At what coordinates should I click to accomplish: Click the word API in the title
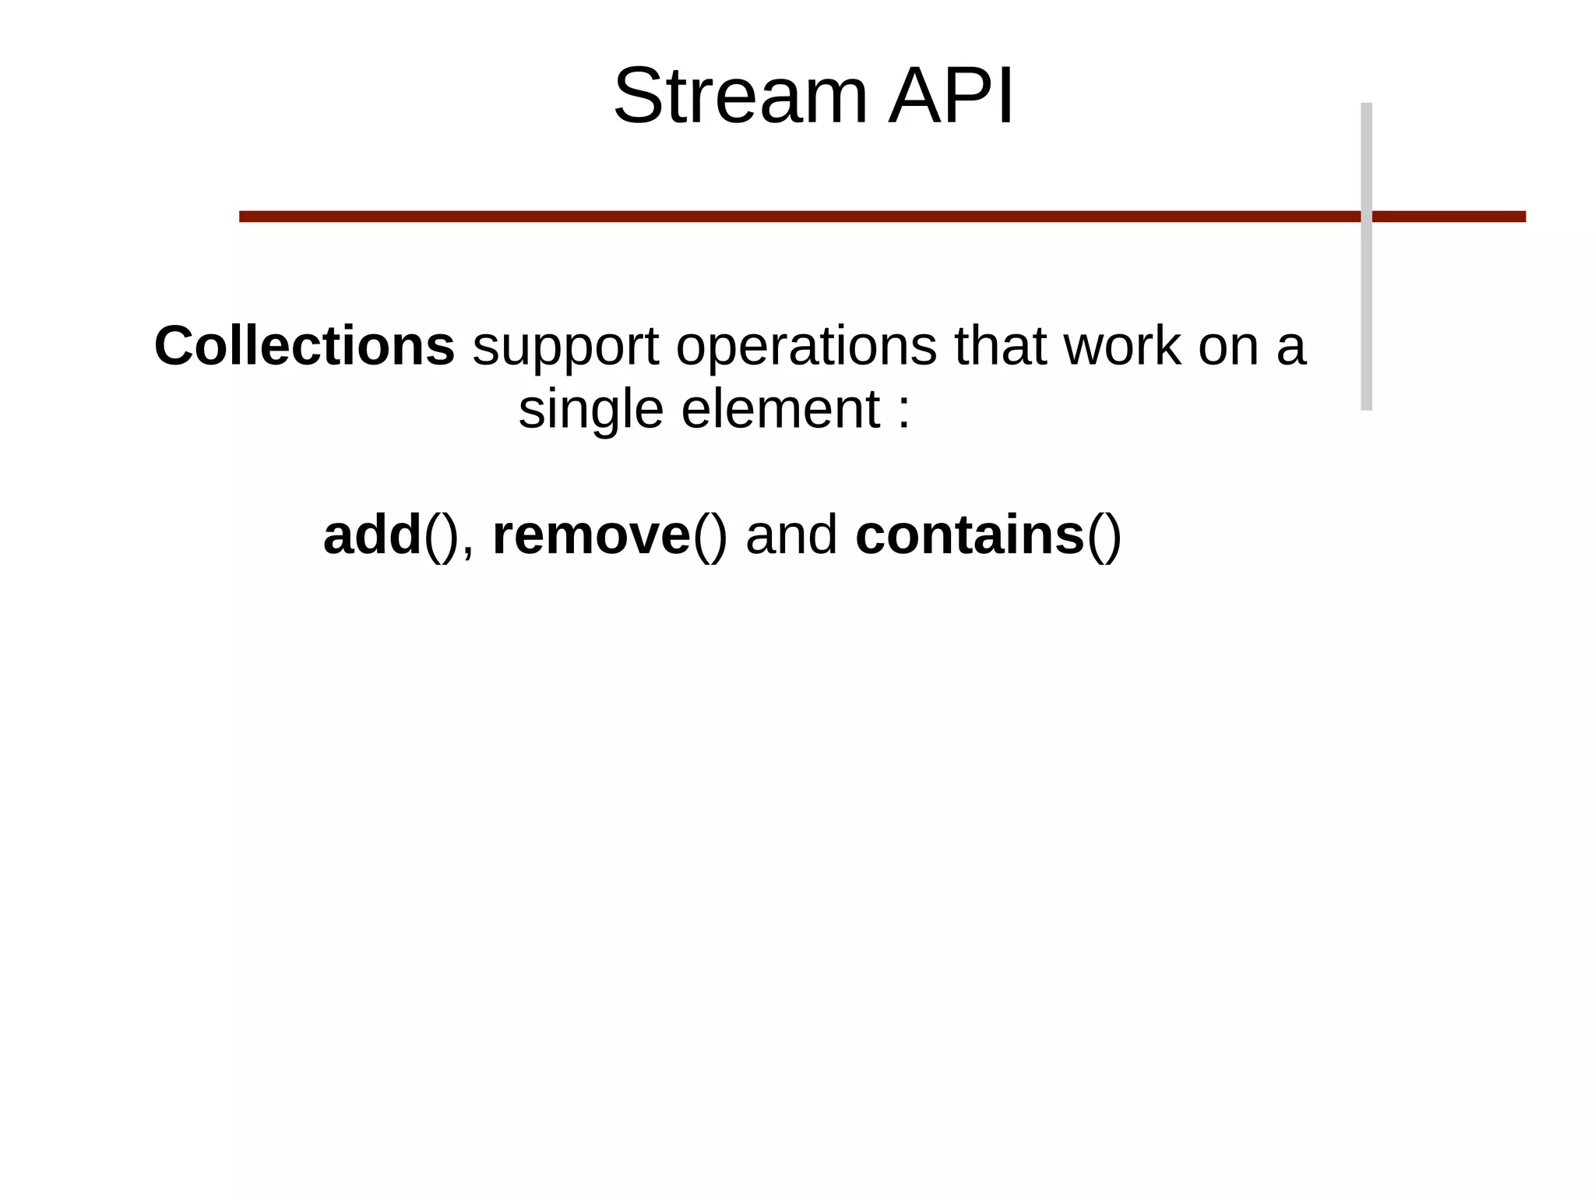pos(952,97)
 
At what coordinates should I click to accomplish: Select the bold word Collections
pos(305,346)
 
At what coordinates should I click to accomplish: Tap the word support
pos(565,348)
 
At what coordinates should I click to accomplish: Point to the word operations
pos(806,348)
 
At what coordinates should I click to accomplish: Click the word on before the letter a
pos(1227,348)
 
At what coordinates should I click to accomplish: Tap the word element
pos(780,409)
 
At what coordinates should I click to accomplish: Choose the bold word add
pos(372,535)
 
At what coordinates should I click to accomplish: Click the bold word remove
pos(591,537)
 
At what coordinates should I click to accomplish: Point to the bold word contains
pos(969,535)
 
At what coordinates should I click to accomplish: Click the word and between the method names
pos(791,535)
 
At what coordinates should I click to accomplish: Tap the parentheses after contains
pos(1104,537)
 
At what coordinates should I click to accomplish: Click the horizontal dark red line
pos(779,217)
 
